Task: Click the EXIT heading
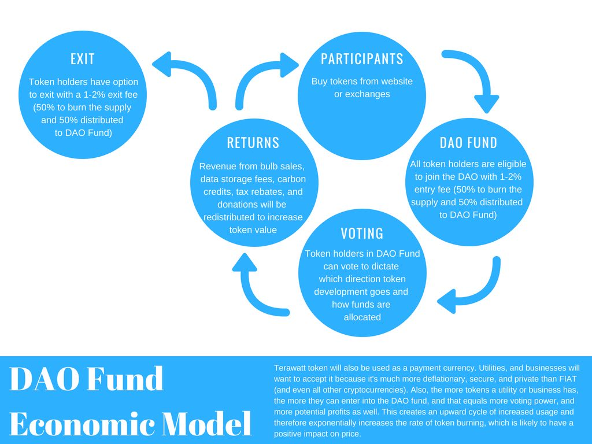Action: click(82, 59)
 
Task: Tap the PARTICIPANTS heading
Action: click(362, 59)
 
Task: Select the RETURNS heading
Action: click(253, 143)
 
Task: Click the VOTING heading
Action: click(362, 234)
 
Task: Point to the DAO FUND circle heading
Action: click(468, 143)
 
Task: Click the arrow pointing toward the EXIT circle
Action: click(185, 78)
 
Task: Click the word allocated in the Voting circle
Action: click(362, 317)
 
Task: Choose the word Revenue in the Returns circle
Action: click(217, 166)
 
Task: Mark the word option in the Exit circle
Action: click(124, 82)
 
